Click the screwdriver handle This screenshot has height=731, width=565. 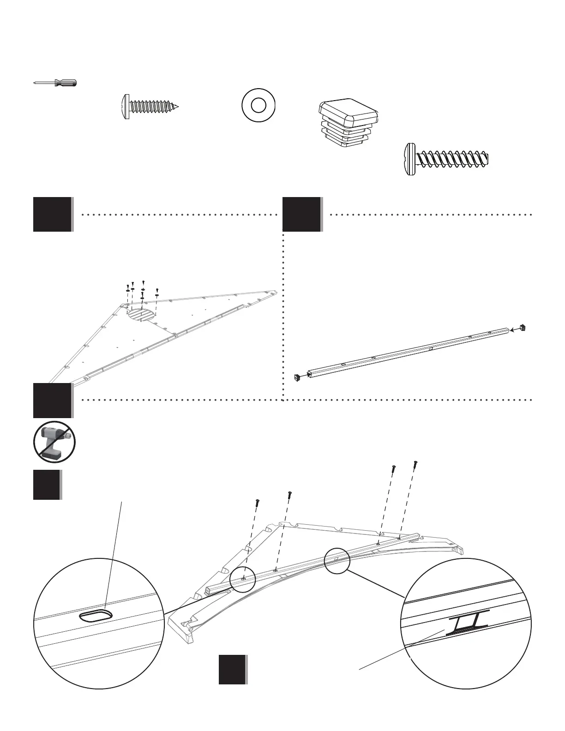65,83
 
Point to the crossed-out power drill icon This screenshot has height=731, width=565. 54,442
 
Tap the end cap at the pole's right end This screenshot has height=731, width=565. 523,328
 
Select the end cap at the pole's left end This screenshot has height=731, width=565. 298,377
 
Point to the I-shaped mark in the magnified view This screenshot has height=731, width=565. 468,624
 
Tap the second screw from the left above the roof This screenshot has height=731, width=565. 289,495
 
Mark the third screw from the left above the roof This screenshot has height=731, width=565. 393,468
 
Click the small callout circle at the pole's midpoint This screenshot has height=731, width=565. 337,560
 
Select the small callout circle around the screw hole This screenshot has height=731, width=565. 242,578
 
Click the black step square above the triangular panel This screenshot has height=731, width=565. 53,214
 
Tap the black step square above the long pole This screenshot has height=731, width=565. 302,214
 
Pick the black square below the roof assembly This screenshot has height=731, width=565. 233,669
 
